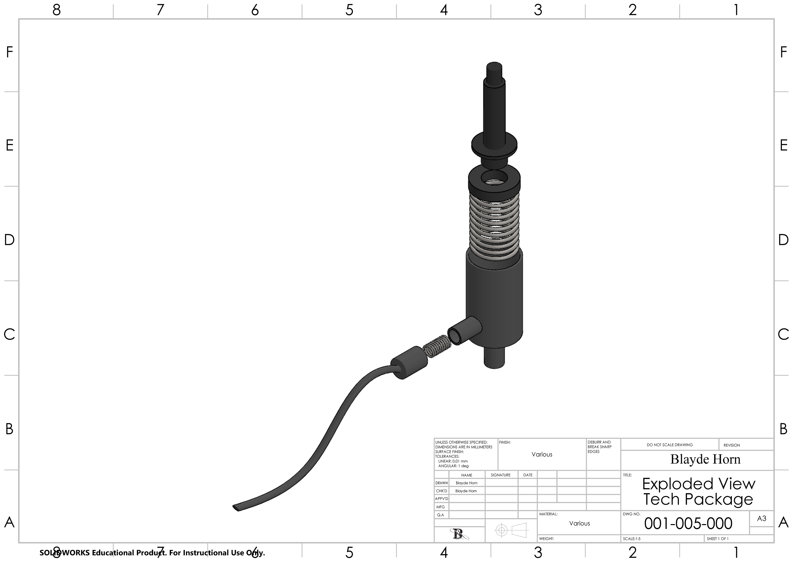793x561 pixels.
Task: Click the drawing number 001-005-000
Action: tap(688, 524)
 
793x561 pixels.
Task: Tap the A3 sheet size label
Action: tap(762, 518)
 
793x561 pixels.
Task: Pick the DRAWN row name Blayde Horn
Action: tap(467, 483)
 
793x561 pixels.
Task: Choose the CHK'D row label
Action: tap(441, 491)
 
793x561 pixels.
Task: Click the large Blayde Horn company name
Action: tap(706, 459)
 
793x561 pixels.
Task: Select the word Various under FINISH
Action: tap(542, 454)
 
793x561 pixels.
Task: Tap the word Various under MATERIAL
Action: tap(579, 523)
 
